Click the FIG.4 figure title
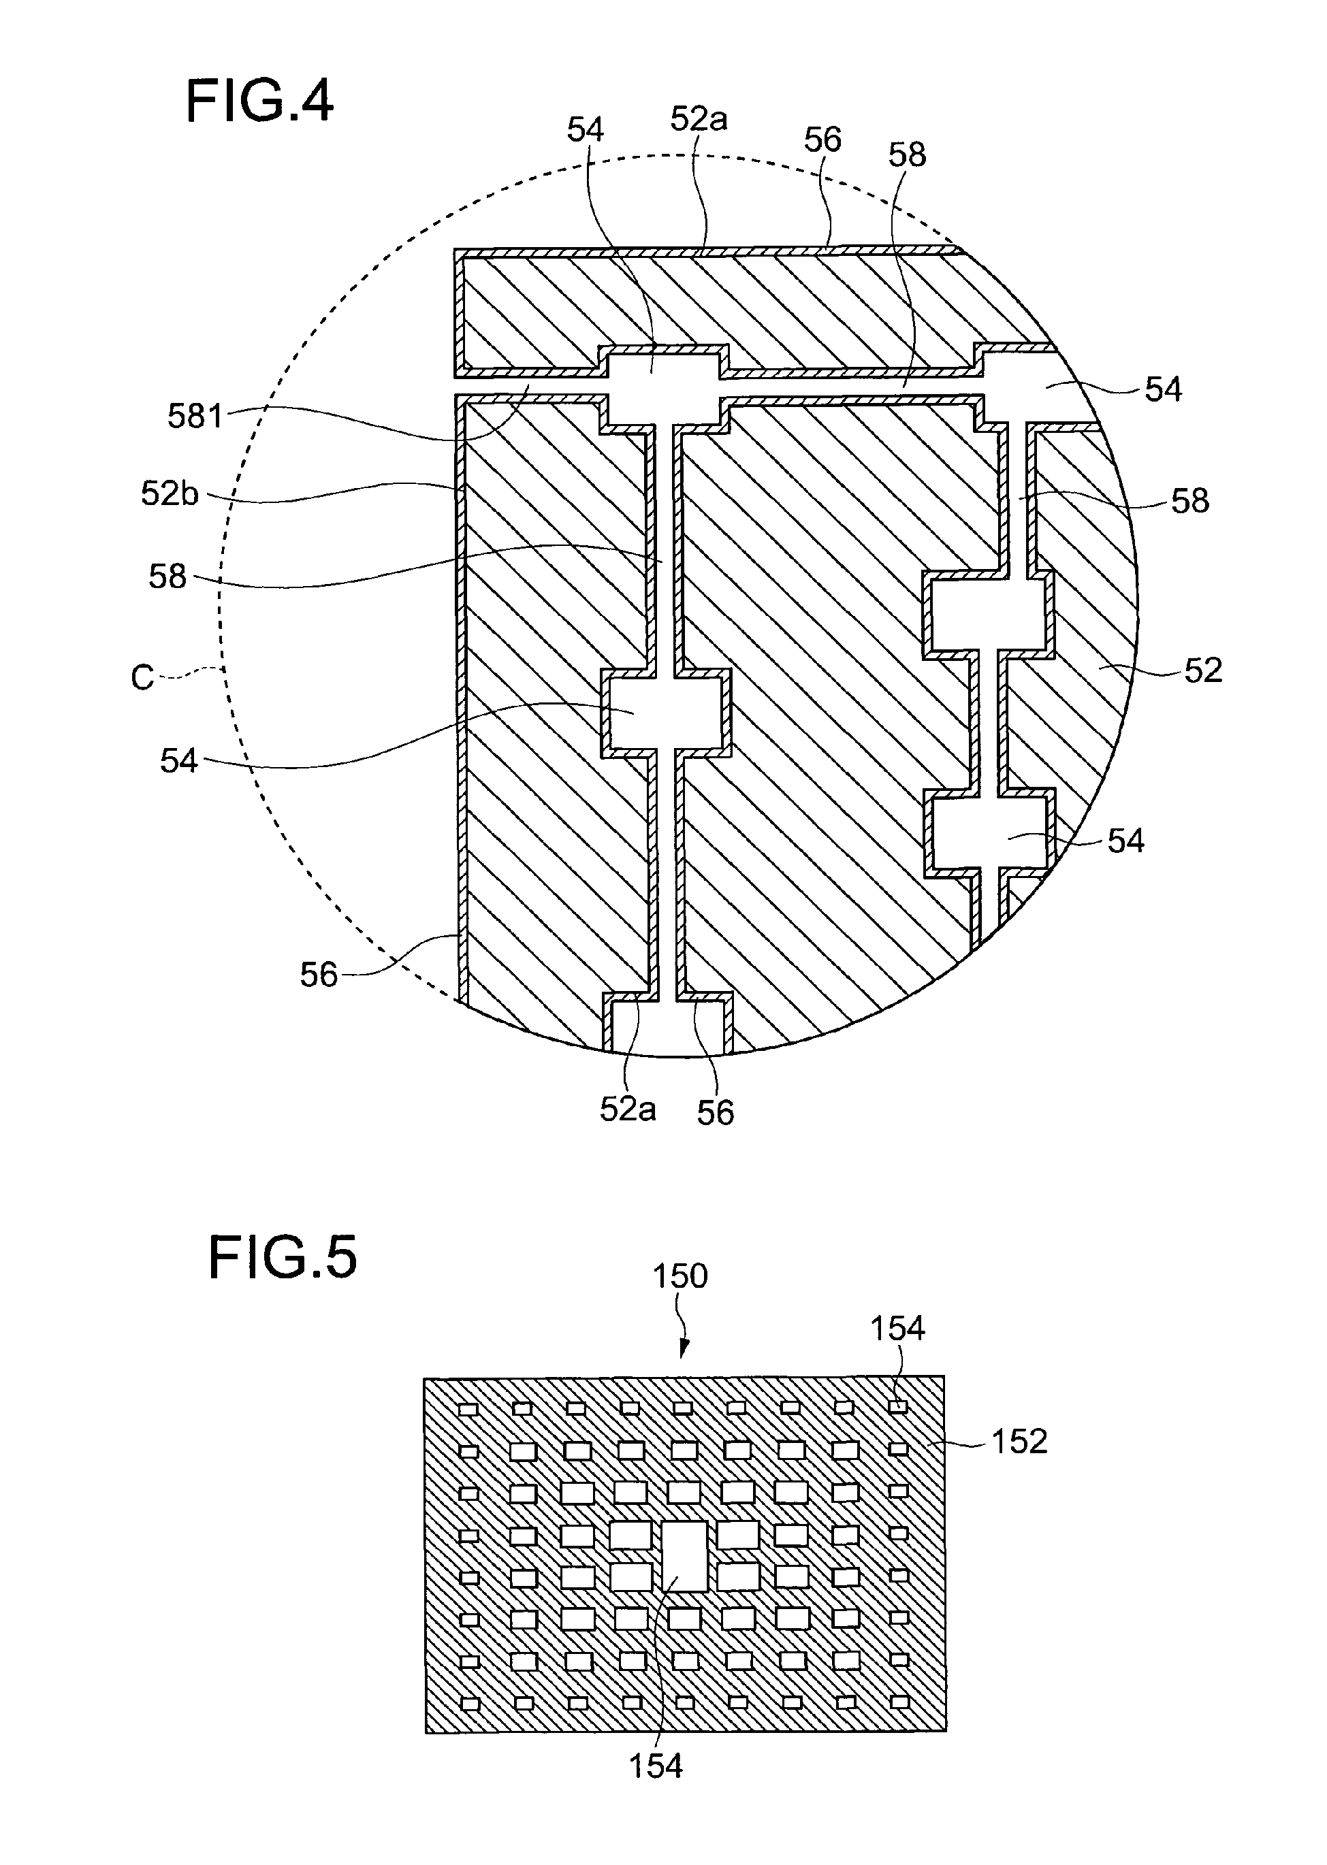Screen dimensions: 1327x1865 point(260,101)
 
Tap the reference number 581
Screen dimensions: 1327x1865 point(195,417)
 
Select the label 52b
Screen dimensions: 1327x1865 point(170,493)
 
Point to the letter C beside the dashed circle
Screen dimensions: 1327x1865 point(142,678)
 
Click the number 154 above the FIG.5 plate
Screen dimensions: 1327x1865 point(897,1329)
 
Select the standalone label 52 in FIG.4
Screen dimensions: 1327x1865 point(1203,670)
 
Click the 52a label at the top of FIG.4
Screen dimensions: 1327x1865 point(699,118)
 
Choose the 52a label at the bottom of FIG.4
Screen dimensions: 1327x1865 point(628,1109)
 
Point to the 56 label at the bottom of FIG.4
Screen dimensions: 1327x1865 point(715,1113)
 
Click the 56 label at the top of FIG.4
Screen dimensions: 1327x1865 point(822,140)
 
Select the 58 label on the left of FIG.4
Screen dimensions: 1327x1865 point(167,577)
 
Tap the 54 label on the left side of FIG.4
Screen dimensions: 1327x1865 point(178,760)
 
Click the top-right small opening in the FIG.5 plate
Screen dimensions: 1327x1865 point(898,1407)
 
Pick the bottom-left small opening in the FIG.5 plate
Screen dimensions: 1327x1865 point(468,1703)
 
